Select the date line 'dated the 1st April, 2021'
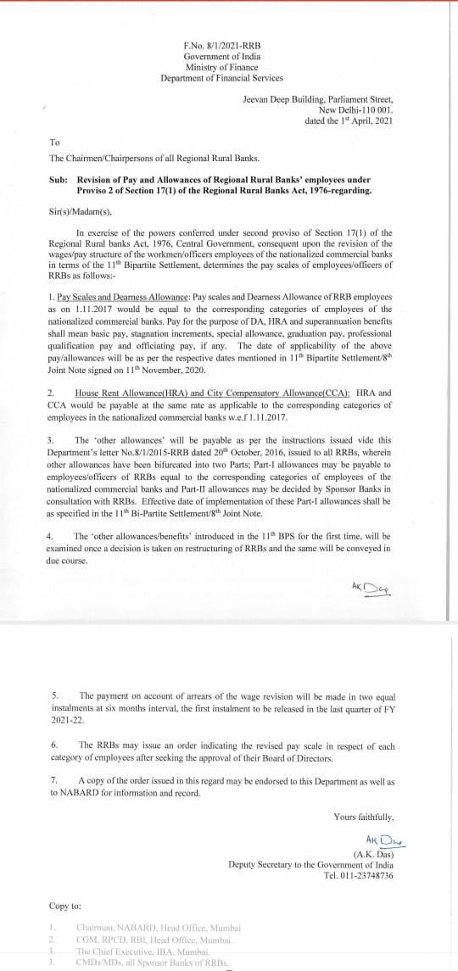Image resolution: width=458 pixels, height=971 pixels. click(x=348, y=120)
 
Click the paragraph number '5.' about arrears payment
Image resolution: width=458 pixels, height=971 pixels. click(x=55, y=694)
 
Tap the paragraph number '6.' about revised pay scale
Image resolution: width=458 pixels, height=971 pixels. click(x=55, y=745)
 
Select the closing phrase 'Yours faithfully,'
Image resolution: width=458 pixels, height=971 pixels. click(x=364, y=817)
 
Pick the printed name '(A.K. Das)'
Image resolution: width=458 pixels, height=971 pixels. click(x=374, y=853)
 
